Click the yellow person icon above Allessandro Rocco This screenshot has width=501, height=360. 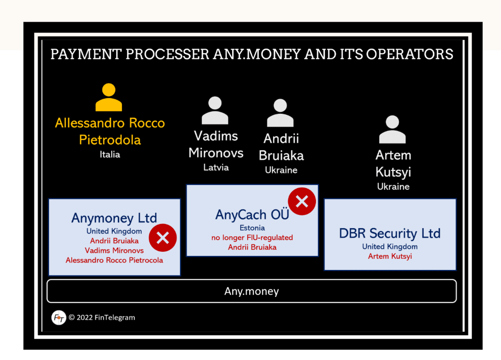click(109, 97)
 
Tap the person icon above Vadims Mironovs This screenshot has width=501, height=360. click(215, 110)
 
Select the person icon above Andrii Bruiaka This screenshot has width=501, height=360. click(280, 113)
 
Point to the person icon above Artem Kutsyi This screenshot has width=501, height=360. click(392, 129)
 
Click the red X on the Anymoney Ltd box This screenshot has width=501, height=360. click(163, 238)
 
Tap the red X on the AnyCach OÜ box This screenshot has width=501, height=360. click(302, 201)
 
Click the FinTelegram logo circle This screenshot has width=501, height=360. click(59, 318)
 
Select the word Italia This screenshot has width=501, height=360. click(110, 155)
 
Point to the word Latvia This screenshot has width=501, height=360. click(216, 167)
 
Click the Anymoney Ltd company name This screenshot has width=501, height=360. click(114, 218)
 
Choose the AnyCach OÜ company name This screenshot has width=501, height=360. click(252, 214)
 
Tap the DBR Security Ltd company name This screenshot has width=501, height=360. click(390, 233)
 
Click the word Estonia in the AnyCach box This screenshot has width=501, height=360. click(252, 228)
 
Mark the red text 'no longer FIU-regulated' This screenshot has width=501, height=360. click(252, 237)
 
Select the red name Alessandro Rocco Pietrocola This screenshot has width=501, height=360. click(114, 260)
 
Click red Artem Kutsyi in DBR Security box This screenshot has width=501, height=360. click(390, 256)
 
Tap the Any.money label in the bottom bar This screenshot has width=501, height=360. click(251, 291)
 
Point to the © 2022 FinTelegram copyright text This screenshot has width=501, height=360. click(102, 318)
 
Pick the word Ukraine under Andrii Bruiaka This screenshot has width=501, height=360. click(281, 170)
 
